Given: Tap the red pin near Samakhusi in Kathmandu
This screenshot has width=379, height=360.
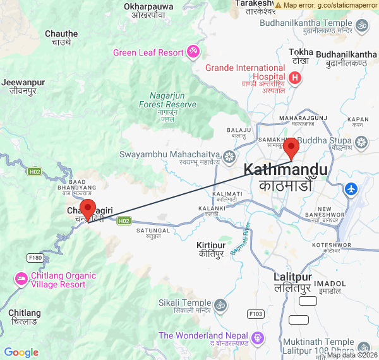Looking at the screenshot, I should point(291,148).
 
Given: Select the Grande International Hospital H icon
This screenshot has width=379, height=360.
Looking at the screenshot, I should point(294,78).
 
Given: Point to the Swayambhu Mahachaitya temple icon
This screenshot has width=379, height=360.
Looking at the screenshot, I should point(229,155).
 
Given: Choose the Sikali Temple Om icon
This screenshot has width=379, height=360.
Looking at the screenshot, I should point(220,306).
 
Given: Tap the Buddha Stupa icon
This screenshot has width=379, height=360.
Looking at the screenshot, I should point(361,143).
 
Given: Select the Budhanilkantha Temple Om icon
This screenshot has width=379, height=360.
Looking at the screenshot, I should point(362,26).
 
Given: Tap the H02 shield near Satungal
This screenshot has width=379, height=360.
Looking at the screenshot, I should point(124,221).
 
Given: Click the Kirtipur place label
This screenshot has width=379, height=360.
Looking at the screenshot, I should point(212,244).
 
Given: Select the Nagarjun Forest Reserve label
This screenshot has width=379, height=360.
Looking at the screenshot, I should point(167,100).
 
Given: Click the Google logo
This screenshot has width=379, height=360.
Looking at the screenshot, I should point(21,352).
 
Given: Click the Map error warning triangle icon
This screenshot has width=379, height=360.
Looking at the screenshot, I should point(278,4).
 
